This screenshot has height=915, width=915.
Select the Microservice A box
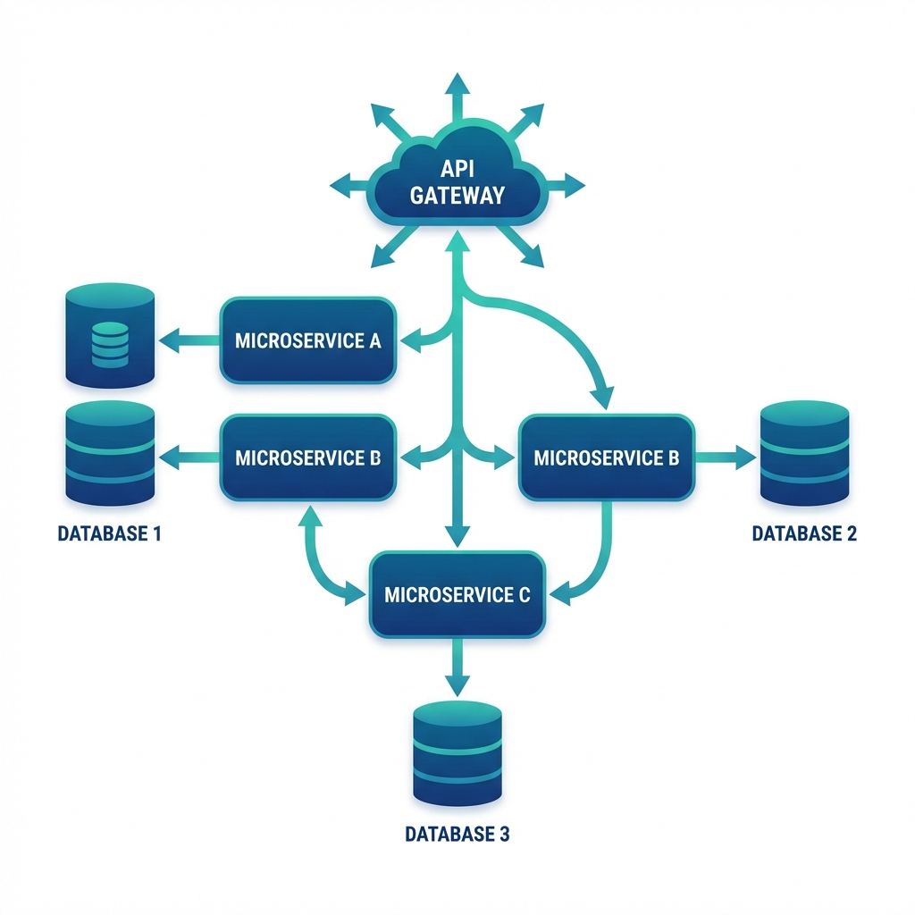pos(308,340)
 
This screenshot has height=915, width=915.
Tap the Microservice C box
pos(457,594)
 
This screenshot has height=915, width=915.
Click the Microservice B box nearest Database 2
pos(607,457)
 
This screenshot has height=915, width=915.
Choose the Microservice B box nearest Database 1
pos(308,457)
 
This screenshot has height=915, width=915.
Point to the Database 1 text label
pos(110,534)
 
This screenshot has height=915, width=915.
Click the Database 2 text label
pos(804,534)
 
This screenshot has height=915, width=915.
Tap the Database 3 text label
pos(457,835)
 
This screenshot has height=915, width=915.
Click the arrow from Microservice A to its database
pos(189,340)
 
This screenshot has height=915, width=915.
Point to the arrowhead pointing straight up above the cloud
pos(457,85)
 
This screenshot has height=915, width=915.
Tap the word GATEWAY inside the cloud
pos(457,195)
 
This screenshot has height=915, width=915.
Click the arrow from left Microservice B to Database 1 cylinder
pos(189,457)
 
